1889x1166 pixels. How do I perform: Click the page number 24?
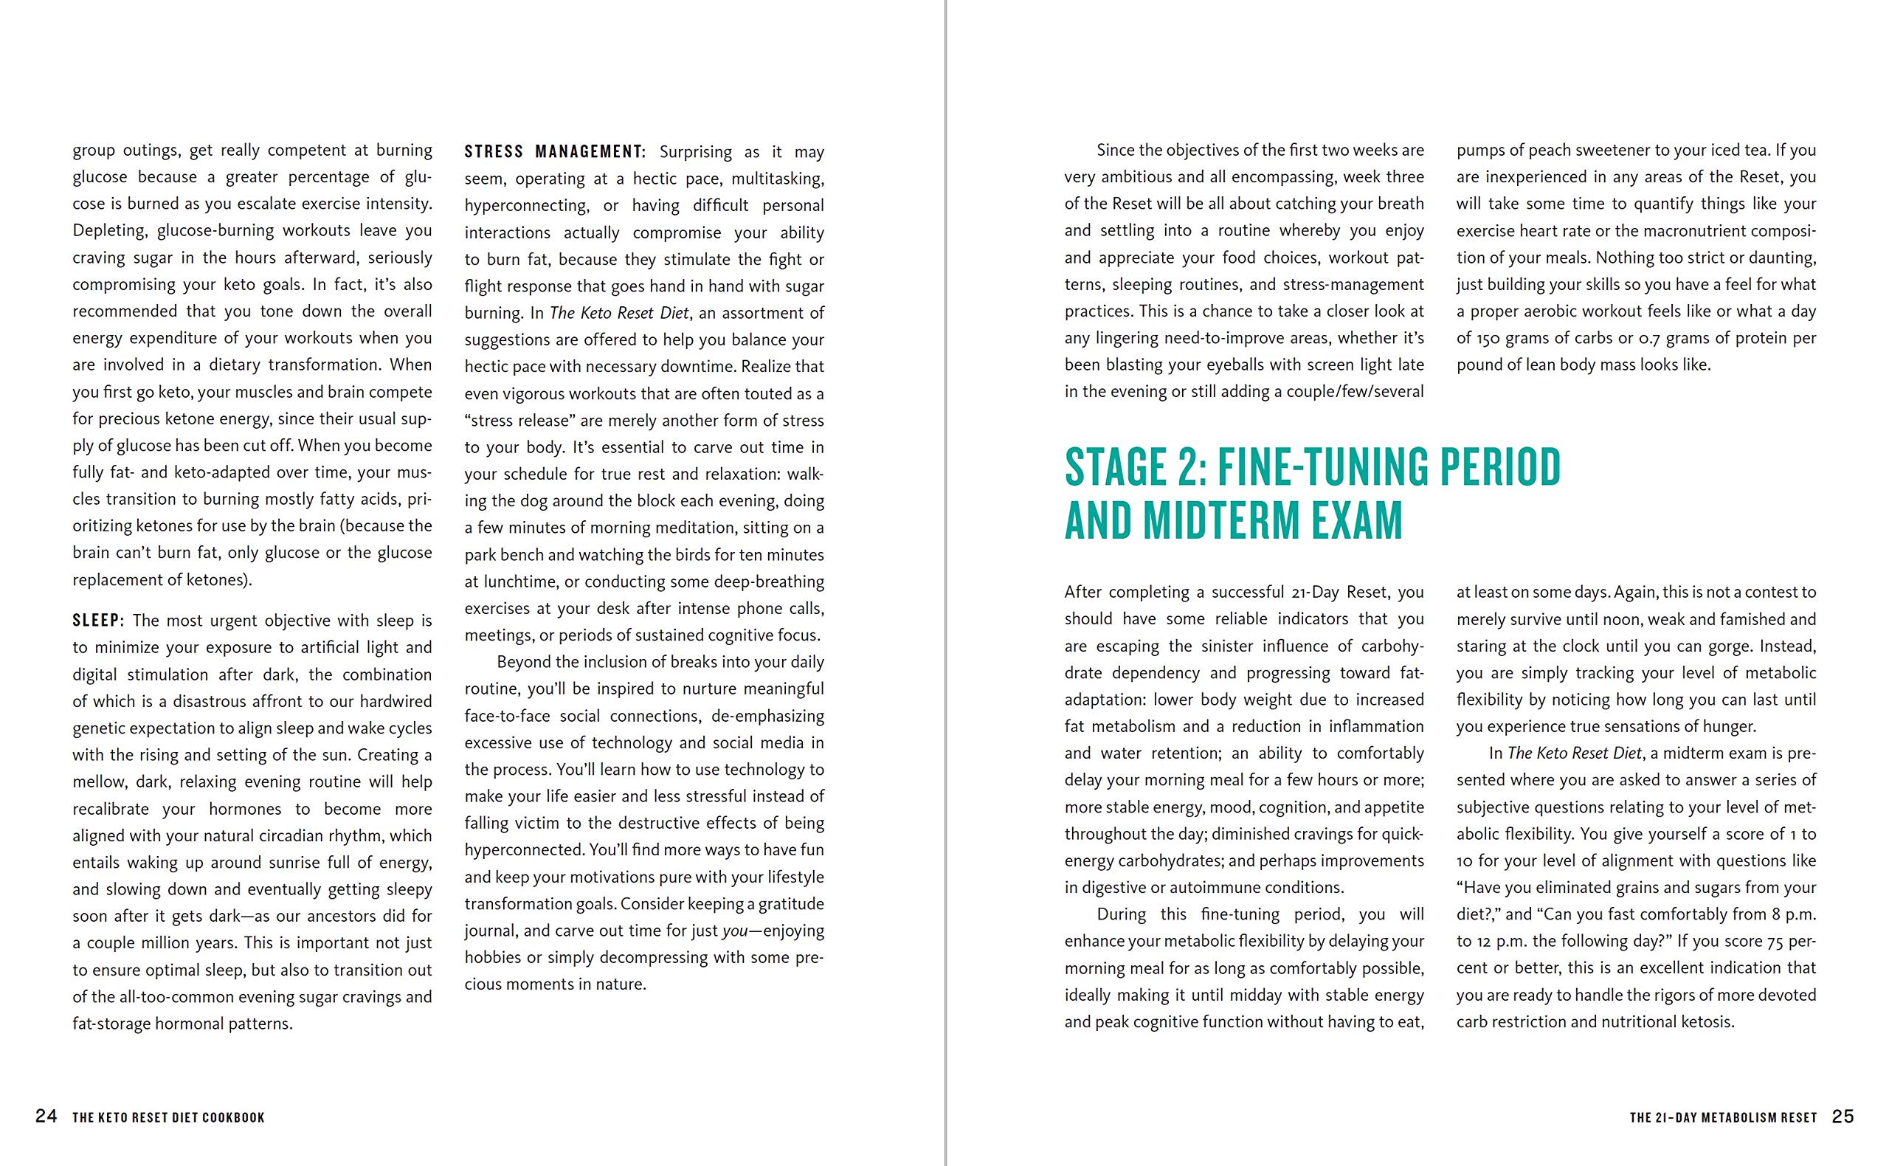[x=46, y=1117]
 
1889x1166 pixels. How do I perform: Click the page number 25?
[x=1843, y=1117]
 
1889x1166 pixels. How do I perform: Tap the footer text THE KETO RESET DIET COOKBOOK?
[x=168, y=1117]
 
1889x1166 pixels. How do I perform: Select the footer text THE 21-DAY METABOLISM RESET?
[x=1723, y=1117]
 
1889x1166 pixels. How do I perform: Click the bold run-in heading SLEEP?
[x=98, y=621]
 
